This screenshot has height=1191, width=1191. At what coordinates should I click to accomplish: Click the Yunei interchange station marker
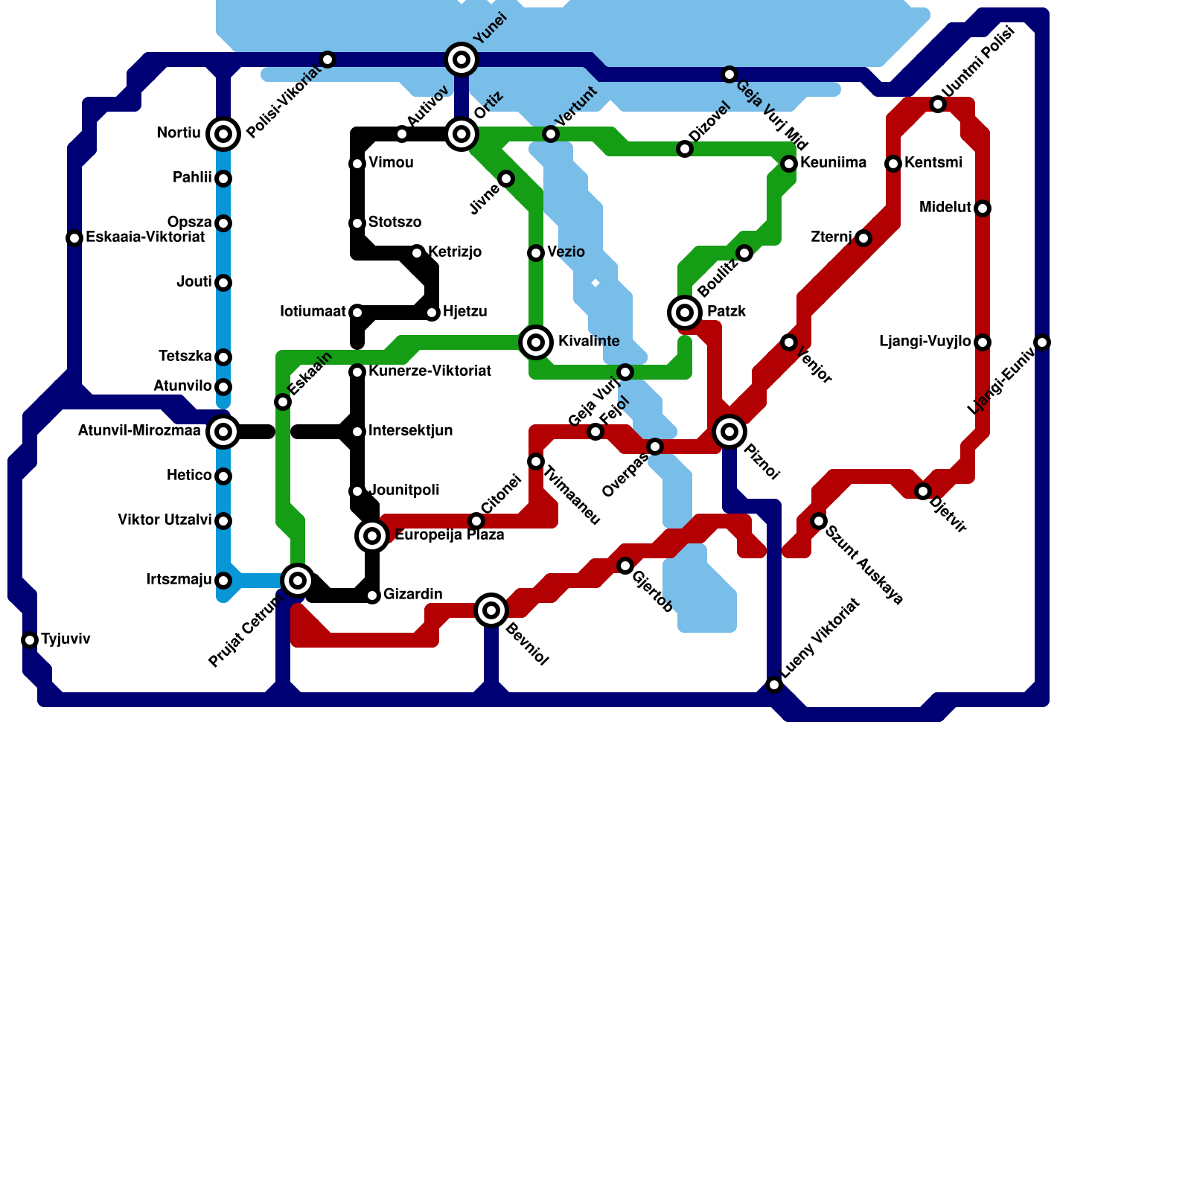pyautogui.click(x=462, y=60)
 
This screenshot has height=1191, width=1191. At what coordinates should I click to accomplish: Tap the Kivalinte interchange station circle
pyautogui.click(x=536, y=342)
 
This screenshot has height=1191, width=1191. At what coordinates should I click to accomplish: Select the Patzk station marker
pyautogui.click(x=685, y=313)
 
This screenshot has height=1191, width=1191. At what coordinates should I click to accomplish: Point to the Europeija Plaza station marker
pyautogui.click(x=372, y=536)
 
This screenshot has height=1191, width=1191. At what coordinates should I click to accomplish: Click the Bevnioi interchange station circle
pyautogui.click(x=491, y=610)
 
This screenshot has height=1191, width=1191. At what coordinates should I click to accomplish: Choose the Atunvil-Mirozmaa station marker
pyautogui.click(x=223, y=432)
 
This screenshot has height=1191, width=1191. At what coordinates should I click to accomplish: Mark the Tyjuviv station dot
pyautogui.click(x=30, y=640)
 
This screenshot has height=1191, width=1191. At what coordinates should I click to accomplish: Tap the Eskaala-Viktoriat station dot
pyautogui.click(x=74, y=238)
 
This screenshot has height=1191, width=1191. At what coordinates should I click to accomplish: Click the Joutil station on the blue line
pyautogui.click(x=223, y=283)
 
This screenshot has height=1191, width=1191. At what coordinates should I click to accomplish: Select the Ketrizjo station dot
pyautogui.click(x=417, y=253)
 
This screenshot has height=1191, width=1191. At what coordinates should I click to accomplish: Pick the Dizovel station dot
pyautogui.click(x=685, y=149)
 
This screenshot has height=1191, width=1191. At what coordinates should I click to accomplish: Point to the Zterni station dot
pyautogui.click(x=863, y=238)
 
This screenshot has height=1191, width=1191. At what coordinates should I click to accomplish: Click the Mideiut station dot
pyautogui.click(x=983, y=208)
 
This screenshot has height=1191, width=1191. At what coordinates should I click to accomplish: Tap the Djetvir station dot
pyautogui.click(x=923, y=491)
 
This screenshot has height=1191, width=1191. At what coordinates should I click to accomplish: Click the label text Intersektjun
pyautogui.click(x=410, y=431)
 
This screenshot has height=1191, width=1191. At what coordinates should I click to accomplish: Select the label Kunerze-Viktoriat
pyautogui.click(x=430, y=371)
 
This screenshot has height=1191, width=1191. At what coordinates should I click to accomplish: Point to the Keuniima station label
pyautogui.click(x=833, y=163)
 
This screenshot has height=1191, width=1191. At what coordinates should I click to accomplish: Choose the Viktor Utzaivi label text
pyautogui.click(x=165, y=520)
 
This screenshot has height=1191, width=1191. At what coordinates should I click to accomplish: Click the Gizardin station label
pyautogui.click(x=412, y=595)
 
